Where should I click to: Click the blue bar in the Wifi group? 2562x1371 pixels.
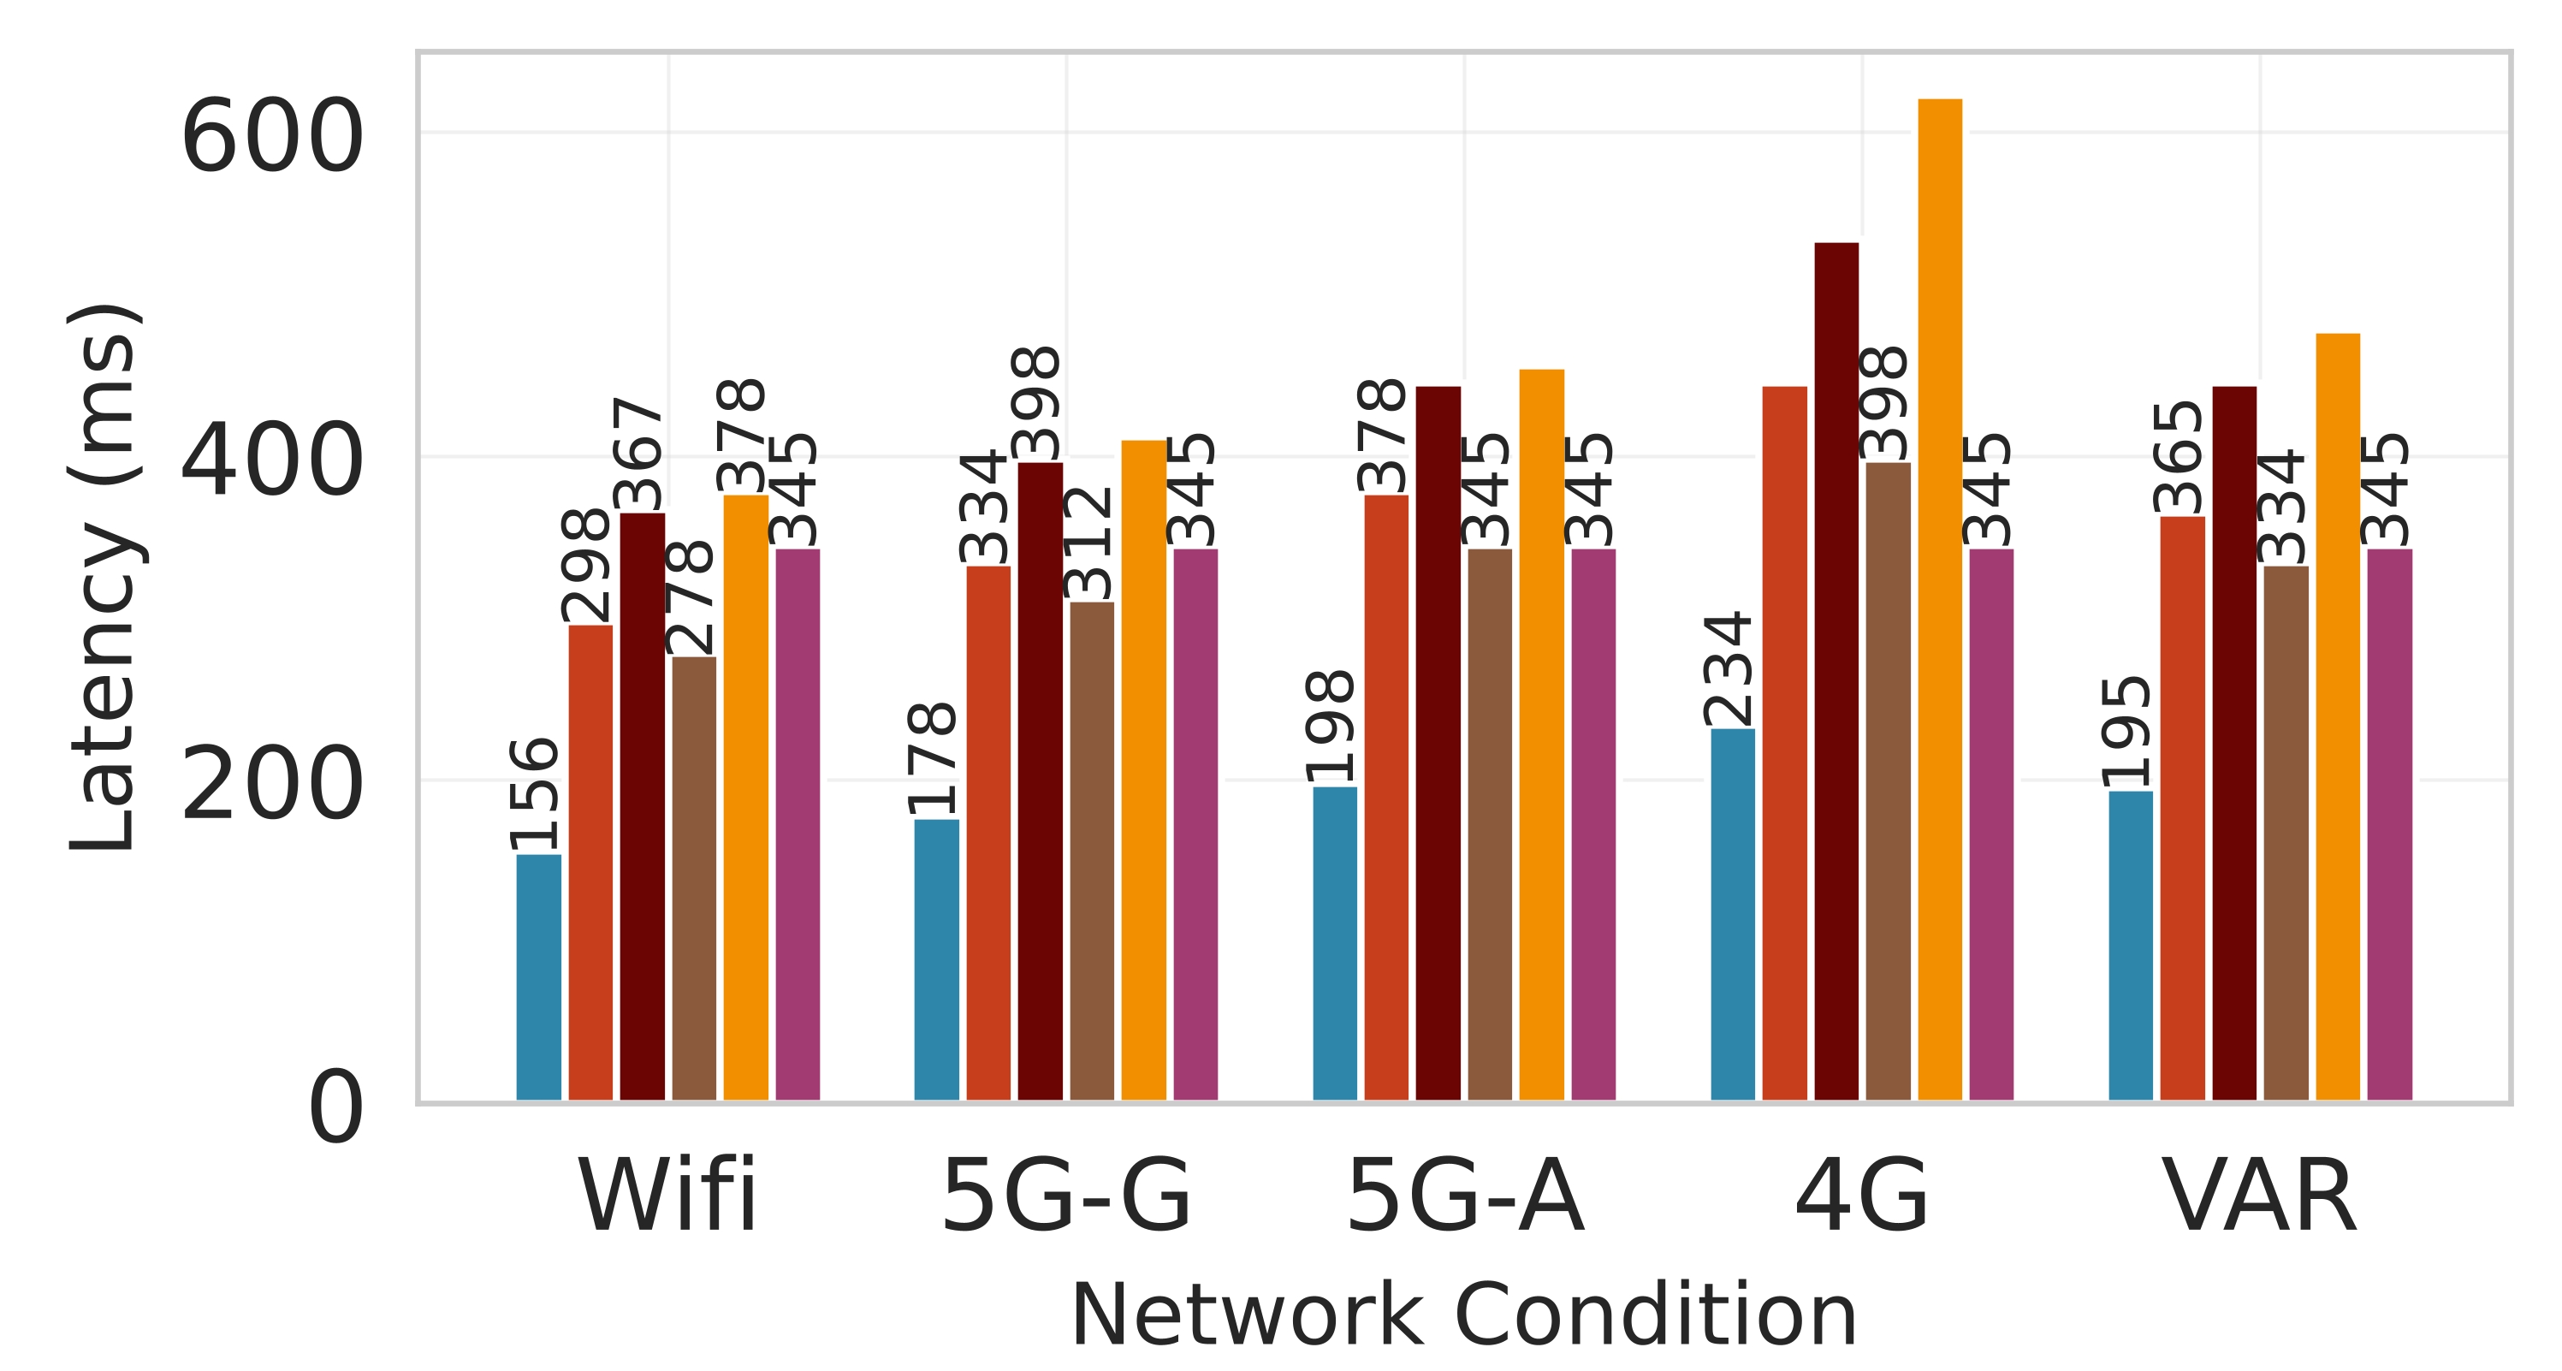pyautogui.click(x=538, y=977)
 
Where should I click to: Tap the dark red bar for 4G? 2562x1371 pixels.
pyautogui.click(x=1836, y=671)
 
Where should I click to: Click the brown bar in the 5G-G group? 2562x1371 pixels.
pyautogui.click(x=1091, y=851)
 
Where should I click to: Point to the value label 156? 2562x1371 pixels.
pyautogui.click(x=534, y=794)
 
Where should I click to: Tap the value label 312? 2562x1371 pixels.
pyautogui.click(x=1089, y=543)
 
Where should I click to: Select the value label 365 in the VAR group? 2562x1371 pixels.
pyautogui.click(x=2178, y=457)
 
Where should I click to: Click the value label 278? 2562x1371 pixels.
pyautogui.click(x=691, y=597)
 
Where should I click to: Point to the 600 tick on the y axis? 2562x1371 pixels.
pyautogui.click(x=270, y=137)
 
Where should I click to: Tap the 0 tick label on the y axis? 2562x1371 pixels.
pyautogui.click(x=335, y=1108)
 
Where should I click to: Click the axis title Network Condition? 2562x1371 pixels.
pyautogui.click(x=1463, y=1315)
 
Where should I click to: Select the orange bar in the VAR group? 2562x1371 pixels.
pyautogui.click(x=2337, y=716)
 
